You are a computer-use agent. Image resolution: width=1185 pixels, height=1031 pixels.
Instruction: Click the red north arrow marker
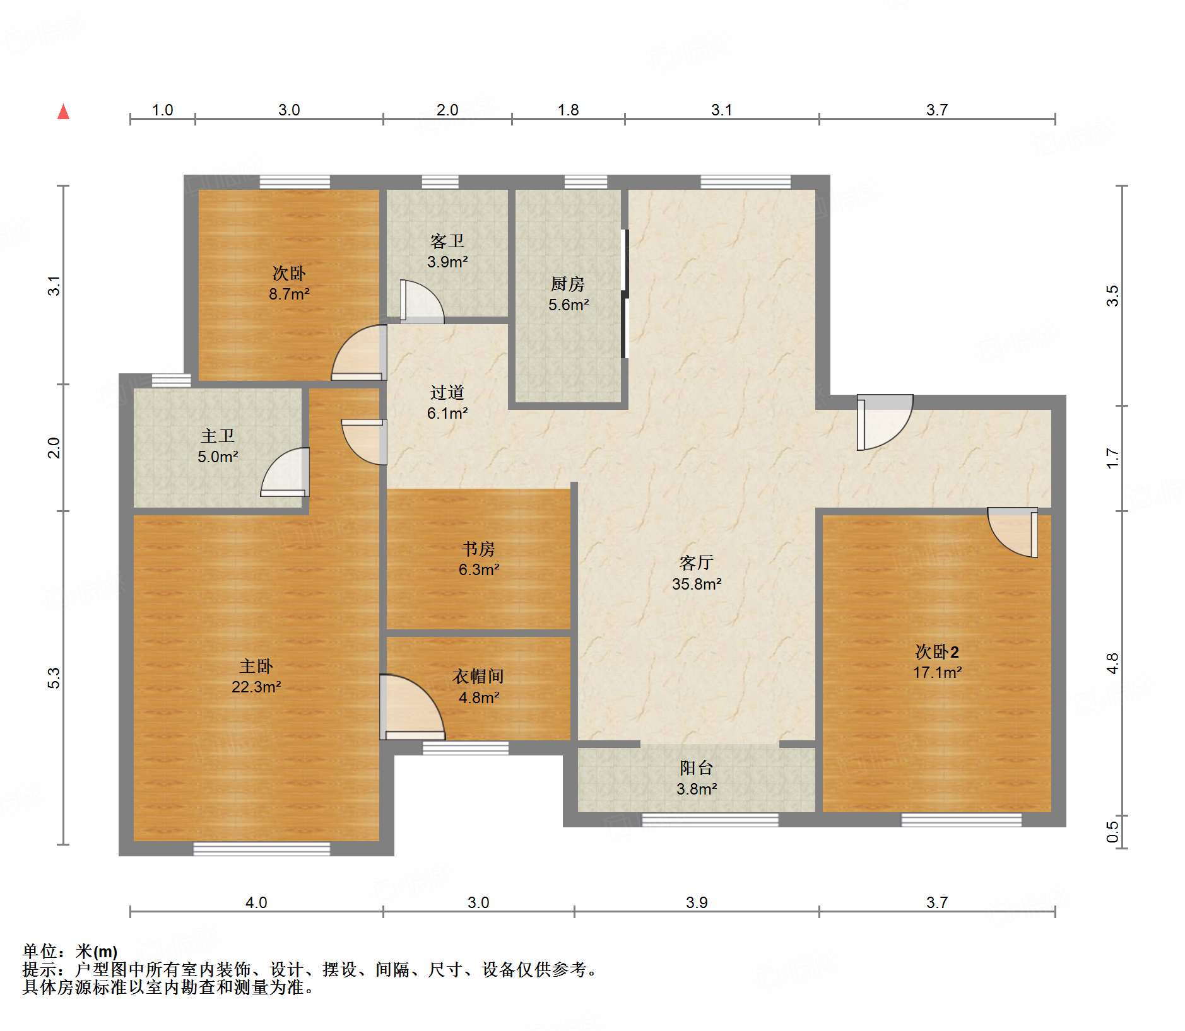[63, 112]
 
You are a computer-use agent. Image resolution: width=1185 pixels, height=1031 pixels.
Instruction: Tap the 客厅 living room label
[696, 562]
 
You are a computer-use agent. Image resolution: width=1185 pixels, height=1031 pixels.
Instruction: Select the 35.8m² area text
[696, 584]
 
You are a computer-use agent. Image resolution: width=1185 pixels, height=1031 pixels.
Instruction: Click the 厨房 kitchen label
[567, 284]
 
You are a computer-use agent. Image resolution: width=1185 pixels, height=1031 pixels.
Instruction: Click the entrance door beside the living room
[883, 421]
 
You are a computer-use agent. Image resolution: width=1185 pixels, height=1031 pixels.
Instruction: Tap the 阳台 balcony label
[696, 767]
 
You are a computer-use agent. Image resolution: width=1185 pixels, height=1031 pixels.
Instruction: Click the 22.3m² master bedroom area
[256, 687]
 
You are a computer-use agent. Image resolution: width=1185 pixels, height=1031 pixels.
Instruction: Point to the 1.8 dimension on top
[568, 110]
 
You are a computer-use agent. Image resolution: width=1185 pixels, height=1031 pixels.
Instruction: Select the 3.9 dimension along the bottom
[696, 902]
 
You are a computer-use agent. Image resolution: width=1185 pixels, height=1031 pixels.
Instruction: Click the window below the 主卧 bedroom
[261, 849]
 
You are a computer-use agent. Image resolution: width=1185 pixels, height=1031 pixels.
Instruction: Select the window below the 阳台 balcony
[710, 820]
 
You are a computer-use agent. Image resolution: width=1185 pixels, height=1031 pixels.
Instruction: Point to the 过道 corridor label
[447, 392]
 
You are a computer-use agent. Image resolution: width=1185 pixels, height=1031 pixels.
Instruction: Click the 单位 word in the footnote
[39, 951]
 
